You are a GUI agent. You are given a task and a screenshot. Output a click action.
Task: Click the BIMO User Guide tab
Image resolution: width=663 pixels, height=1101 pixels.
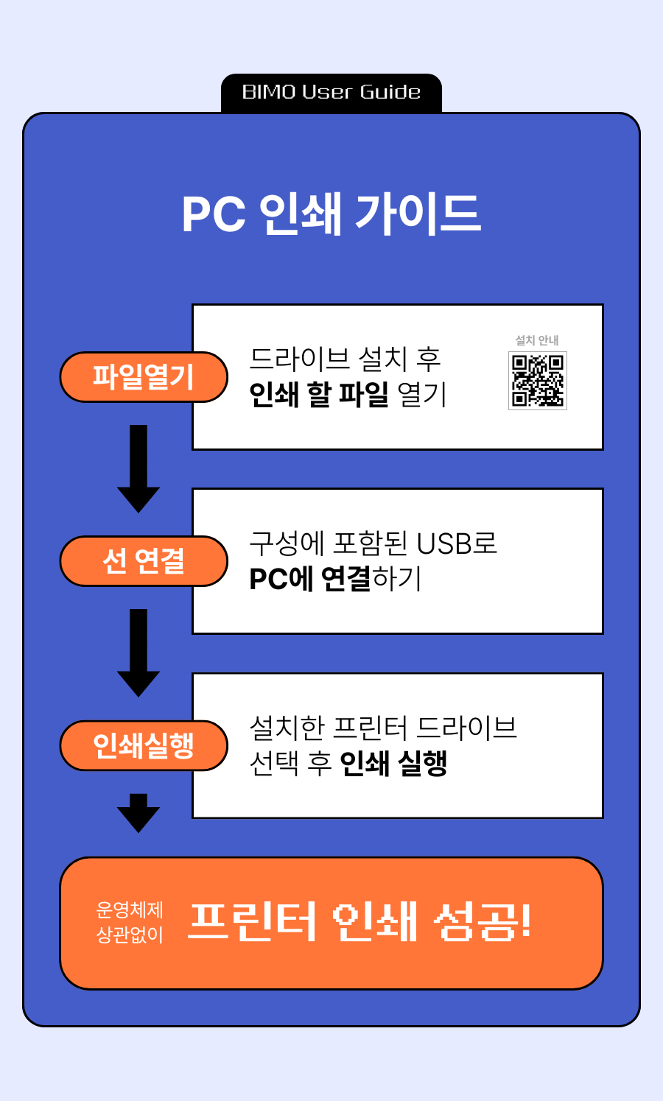pyautogui.click(x=331, y=93)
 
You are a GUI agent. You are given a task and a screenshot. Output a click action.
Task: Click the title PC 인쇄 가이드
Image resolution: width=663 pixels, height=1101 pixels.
pyautogui.click(x=331, y=214)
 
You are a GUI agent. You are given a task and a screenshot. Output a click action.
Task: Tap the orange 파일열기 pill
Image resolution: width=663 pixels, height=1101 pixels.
pyautogui.click(x=144, y=377)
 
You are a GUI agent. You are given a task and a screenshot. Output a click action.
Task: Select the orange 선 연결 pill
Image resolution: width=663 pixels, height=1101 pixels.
pyautogui.click(x=144, y=561)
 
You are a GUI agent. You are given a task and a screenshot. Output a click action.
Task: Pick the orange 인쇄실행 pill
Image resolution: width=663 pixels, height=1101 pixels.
pyautogui.click(x=144, y=745)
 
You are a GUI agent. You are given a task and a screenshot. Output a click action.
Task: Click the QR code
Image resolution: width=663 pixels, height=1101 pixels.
pyautogui.click(x=538, y=380)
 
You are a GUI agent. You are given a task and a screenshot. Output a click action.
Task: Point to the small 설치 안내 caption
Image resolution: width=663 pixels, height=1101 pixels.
pyautogui.click(x=537, y=340)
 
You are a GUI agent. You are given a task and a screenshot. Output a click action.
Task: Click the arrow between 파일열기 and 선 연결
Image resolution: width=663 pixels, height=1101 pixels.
pyautogui.click(x=138, y=468)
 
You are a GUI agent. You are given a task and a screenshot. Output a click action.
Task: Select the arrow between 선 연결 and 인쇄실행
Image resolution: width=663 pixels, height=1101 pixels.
pyautogui.click(x=138, y=652)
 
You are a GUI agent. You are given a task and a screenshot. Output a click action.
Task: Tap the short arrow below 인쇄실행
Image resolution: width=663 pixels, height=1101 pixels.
pyautogui.click(x=138, y=812)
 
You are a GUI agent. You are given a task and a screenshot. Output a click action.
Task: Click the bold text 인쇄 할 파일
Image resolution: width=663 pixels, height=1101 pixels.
pyautogui.click(x=319, y=395)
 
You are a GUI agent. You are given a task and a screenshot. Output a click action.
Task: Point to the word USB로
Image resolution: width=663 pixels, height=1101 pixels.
pyautogui.click(x=457, y=544)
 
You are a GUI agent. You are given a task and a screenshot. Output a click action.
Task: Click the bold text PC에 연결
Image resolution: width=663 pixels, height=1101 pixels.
pyautogui.click(x=310, y=579)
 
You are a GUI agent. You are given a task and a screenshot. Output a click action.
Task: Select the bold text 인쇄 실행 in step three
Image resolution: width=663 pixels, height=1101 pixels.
pyautogui.click(x=393, y=763)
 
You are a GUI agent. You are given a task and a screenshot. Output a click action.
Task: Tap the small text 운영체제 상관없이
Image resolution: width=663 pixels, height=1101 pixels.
pyautogui.click(x=130, y=922)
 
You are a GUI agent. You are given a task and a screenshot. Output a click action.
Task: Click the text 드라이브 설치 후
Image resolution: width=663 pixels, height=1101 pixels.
pyautogui.click(x=345, y=359)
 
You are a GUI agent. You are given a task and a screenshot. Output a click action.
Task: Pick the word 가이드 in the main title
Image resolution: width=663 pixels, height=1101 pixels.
pyautogui.click(x=418, y=214)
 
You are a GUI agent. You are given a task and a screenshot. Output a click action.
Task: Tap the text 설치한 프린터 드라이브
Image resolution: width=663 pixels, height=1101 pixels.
pyautogui.click(x=383, y=728)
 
